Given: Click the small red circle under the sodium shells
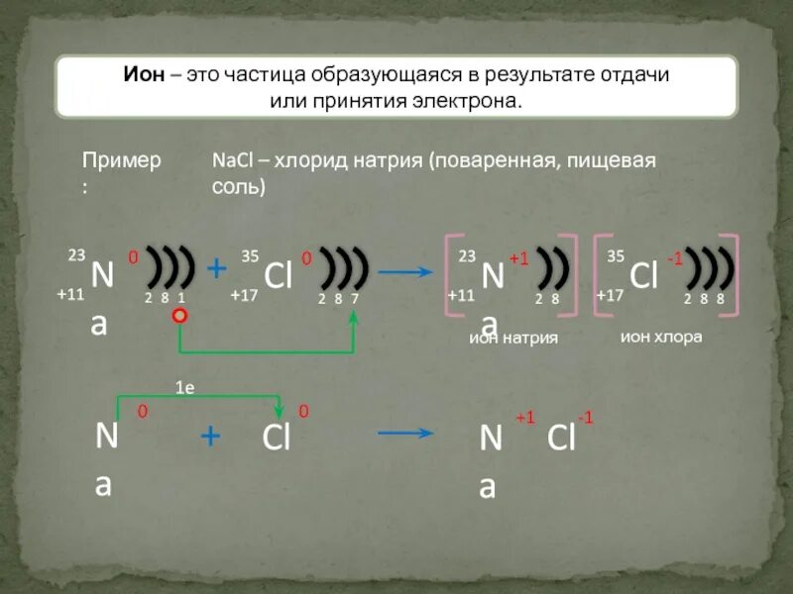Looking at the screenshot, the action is click(179, 317).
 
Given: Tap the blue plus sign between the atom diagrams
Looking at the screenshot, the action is click(216, 268).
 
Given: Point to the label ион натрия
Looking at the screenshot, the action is click(513, 338).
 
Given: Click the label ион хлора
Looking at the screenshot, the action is click(661, 337).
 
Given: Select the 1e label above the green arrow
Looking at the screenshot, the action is click(184, 389).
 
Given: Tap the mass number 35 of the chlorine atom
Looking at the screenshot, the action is click(250, 256).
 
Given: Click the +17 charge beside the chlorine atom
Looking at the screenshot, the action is click(244, 295).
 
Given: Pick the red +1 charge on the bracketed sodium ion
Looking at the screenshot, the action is click(519, 258).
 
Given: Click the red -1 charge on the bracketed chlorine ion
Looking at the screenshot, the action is click(675, 258).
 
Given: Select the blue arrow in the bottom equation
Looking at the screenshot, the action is click(406, 433).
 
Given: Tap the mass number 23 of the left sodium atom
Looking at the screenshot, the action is click(76, 255).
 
